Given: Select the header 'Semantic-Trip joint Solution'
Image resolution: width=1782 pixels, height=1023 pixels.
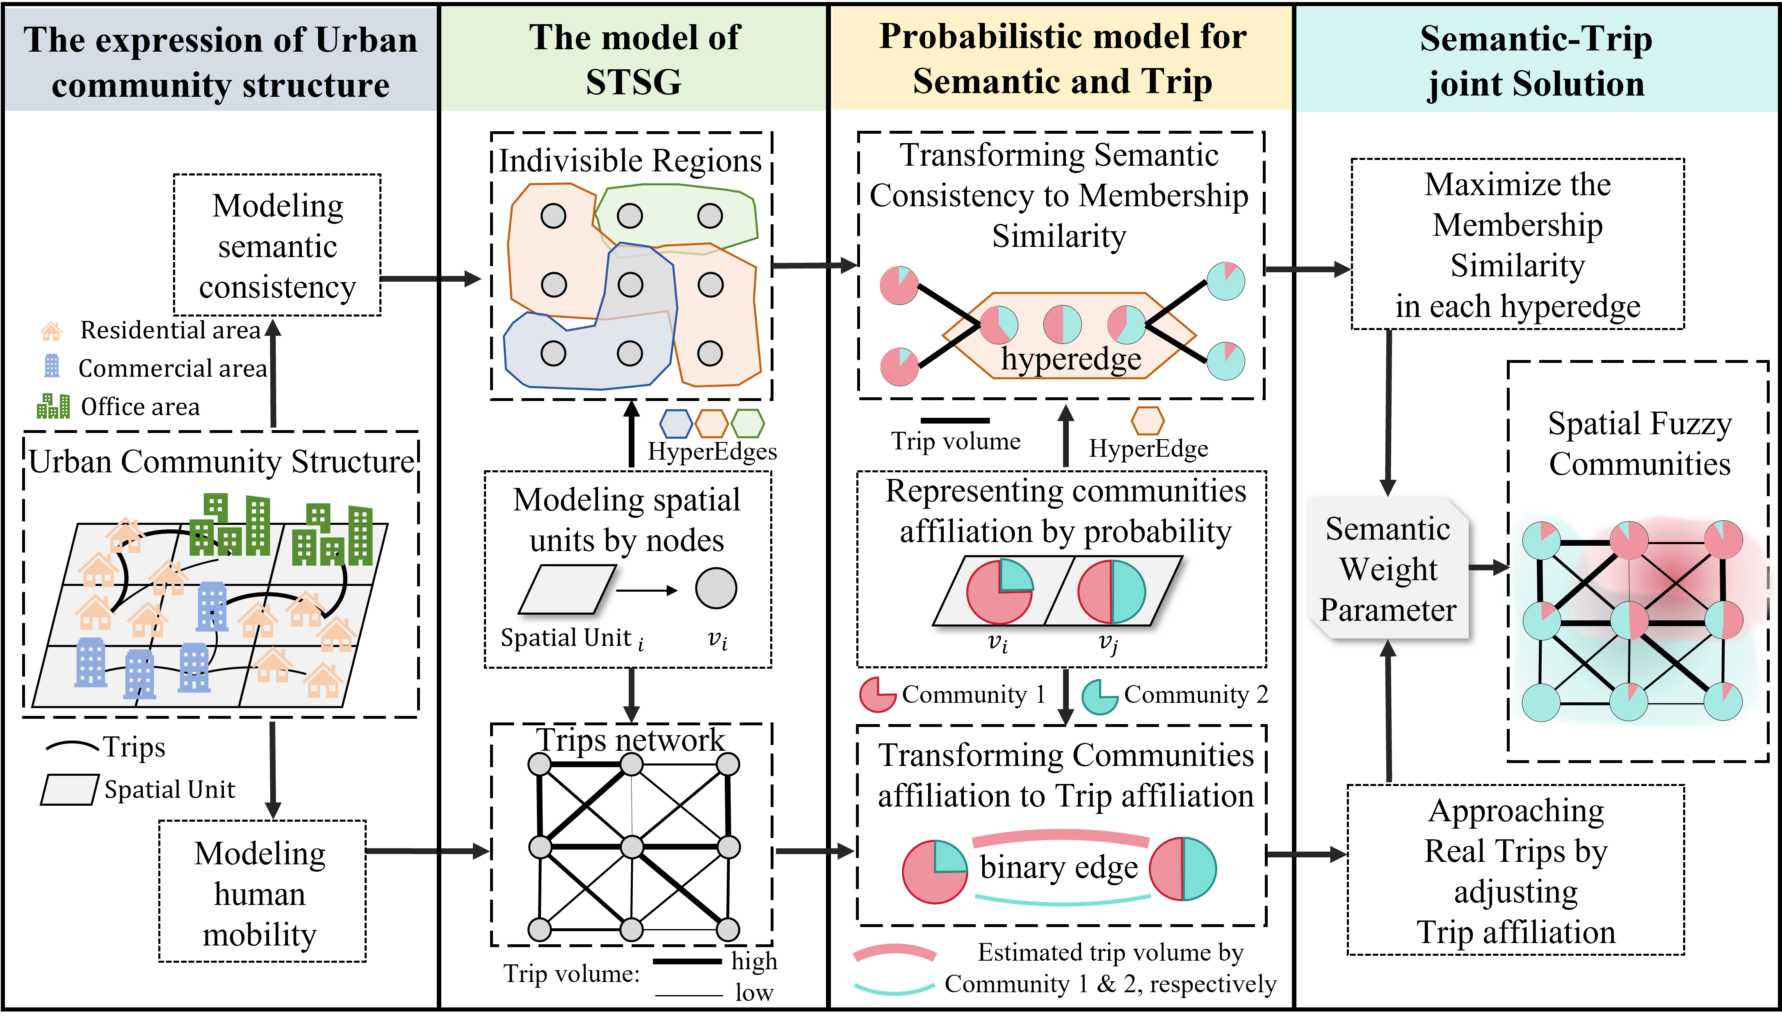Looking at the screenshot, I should click(x=1536, y=60).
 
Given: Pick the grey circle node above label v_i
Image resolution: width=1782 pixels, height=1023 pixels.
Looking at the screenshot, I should click(x=716, y=588).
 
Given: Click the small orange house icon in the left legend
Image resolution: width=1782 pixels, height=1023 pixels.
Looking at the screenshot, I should click(x=51, y=331).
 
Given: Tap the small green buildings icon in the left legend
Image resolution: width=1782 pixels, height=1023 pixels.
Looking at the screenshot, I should click(x=53, y=406).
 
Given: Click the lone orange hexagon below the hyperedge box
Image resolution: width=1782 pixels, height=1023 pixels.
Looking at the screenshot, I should click(x=1148, y=421).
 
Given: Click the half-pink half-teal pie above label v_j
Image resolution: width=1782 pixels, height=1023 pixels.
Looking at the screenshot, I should click(x=1111, y=592).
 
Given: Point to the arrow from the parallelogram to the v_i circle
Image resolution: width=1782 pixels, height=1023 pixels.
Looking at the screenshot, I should click(x=646, y=590).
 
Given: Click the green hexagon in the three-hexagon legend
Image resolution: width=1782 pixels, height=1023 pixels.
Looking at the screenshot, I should click(x=748, y=424).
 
